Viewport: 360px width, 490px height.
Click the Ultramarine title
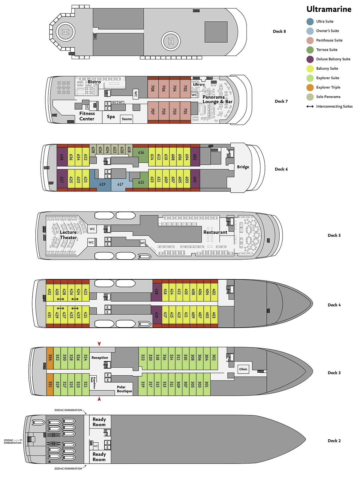(x=329, y=9)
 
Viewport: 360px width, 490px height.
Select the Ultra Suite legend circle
(x=310, y=22)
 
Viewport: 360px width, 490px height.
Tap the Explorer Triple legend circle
(x=310, y=88)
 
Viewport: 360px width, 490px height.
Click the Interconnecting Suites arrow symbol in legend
(x=310, y=107)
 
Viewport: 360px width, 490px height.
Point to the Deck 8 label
(x=279, y=32)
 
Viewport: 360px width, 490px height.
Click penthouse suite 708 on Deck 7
(x=153, y=88)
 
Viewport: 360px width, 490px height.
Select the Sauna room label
(x=127, y=119)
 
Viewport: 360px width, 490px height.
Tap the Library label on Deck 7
(x=199, y=85)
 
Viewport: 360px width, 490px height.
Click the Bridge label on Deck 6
(x=243, y=167)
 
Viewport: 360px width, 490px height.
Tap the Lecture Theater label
(x=68, y=235)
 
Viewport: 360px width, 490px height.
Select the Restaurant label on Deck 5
(x=215, y=232)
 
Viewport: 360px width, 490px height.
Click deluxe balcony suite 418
(x=156, y=291)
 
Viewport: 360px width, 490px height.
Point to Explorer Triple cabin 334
(x=50, y=357)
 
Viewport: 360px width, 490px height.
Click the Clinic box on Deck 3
(x=243, y=369)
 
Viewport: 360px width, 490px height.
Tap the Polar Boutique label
(x=124, y=389)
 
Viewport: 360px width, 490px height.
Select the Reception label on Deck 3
(x=100, y=358)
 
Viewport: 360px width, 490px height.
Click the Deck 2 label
(x=334, y=441)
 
